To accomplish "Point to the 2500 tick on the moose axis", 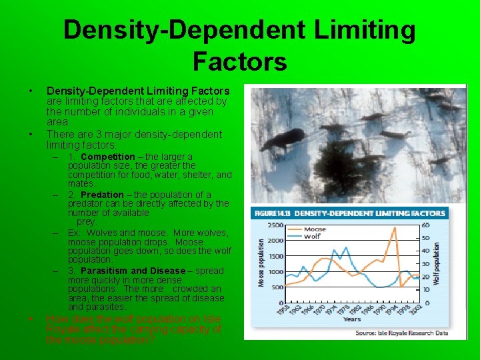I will coord(274,225).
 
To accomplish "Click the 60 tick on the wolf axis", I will coord(424,225).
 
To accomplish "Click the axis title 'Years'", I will coord(352,319).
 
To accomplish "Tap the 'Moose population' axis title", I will coord(261,263).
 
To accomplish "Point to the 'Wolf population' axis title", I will coord(437,263).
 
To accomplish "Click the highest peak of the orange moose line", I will coord(395,228).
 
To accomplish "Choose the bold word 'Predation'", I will coord(102,195).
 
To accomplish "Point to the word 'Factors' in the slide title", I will coord(239,61).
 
